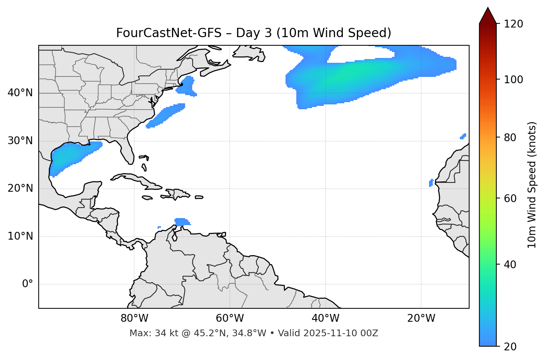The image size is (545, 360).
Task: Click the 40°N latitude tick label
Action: pos(20,93)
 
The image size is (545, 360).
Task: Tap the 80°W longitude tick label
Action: pos(134,318)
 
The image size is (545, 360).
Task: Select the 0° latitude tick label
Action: pos(28,284)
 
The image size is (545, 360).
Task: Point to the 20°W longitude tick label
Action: pos(421,318)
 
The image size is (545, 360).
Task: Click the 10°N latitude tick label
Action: pos(20,236)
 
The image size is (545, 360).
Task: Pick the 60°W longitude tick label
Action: pos(230,318)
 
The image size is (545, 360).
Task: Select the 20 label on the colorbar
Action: pos(510,347)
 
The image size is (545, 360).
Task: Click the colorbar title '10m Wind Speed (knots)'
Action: pos(532,185)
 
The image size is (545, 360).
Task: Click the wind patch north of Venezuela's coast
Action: pos(181,222)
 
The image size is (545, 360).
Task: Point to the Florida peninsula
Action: pos(128,152)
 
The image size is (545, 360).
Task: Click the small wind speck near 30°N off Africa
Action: pos(463,136)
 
